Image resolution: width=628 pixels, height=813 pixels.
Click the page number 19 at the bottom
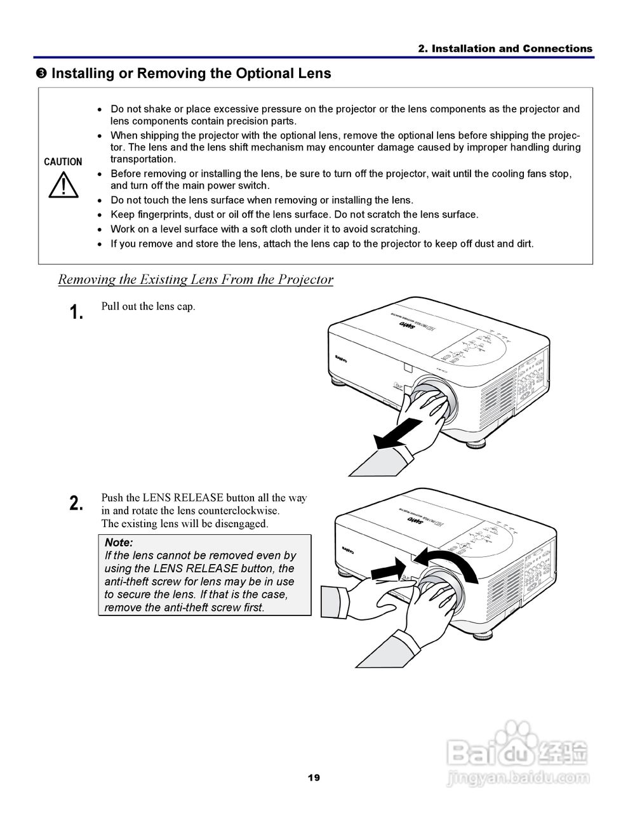[x=314, y=777]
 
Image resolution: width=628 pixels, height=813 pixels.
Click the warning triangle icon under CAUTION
[x=63, y=185]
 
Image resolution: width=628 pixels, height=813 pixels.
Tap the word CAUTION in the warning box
[x=63, y=162]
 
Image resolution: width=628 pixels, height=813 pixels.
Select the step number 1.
[x=76, y=312]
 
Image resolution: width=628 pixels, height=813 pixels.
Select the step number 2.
[x=76, y=504]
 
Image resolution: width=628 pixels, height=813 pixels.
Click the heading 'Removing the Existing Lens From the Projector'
[x=196, y=279]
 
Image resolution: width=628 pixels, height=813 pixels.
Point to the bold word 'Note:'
[x=119, y=542]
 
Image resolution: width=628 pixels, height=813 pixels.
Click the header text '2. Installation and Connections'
[x=505, y=49]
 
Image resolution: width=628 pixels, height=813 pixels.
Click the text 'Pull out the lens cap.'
[x=148, y=306]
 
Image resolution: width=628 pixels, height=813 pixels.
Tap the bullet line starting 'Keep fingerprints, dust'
[x=295, y=215]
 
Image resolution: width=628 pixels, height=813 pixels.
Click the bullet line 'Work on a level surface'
[x=265, y=229]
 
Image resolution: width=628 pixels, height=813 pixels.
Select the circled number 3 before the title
[x=41, y=74]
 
